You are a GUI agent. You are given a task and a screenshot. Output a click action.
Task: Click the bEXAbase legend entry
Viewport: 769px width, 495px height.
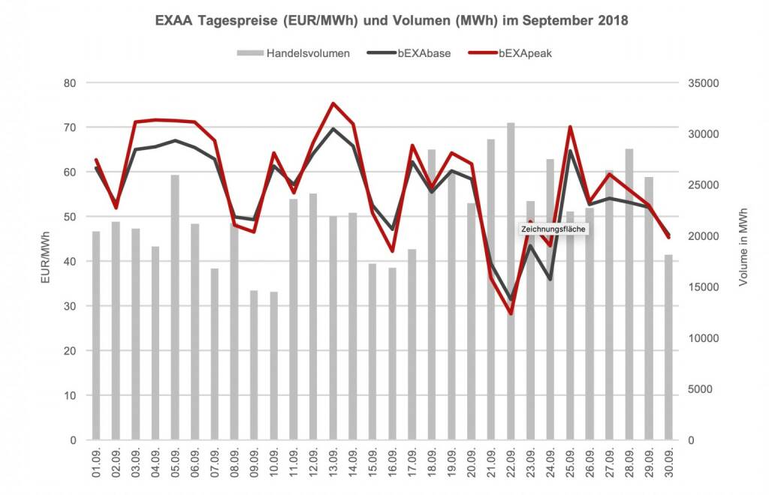pos(414,54)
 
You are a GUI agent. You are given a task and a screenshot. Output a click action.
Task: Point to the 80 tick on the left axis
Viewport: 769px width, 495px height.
pos(68,83)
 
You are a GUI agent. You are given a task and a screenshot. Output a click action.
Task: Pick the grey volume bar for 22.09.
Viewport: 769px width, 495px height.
pos(511,300)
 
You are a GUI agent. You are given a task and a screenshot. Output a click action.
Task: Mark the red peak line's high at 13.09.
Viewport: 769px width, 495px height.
pos(333,103)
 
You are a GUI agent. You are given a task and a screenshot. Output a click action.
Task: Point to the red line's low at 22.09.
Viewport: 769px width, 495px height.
pos(511,313)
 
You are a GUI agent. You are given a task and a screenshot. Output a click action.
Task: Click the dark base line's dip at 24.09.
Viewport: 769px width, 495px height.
pos(550,279)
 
